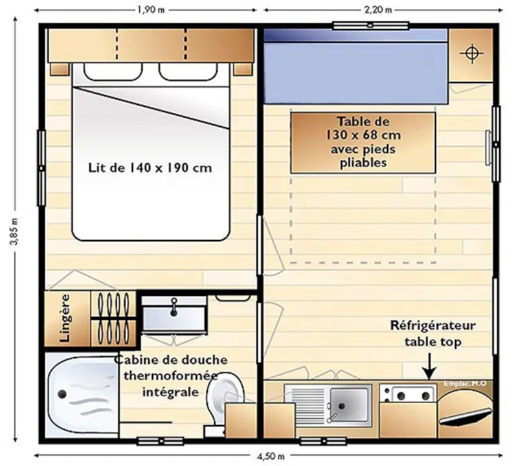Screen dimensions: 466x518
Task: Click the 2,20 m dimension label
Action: click(380, 10)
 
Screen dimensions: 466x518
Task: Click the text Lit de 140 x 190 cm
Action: click(150, 168)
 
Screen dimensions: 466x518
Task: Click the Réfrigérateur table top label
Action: click(433, 333)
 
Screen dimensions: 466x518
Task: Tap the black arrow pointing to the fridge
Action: click(428, 370)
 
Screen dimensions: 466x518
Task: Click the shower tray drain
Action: click(61, 394)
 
